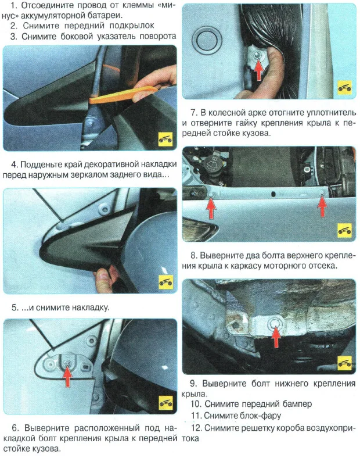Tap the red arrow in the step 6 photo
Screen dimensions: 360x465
68,376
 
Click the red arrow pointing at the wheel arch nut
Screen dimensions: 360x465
258,69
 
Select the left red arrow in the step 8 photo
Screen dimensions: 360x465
211,208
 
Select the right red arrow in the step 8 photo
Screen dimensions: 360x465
322,206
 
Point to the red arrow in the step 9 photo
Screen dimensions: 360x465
276,337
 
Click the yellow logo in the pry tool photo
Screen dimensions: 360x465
165,139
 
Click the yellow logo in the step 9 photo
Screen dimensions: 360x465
344,363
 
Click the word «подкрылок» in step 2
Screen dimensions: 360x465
132,26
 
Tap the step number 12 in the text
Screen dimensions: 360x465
196,428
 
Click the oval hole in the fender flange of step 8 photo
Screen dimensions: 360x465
273,194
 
